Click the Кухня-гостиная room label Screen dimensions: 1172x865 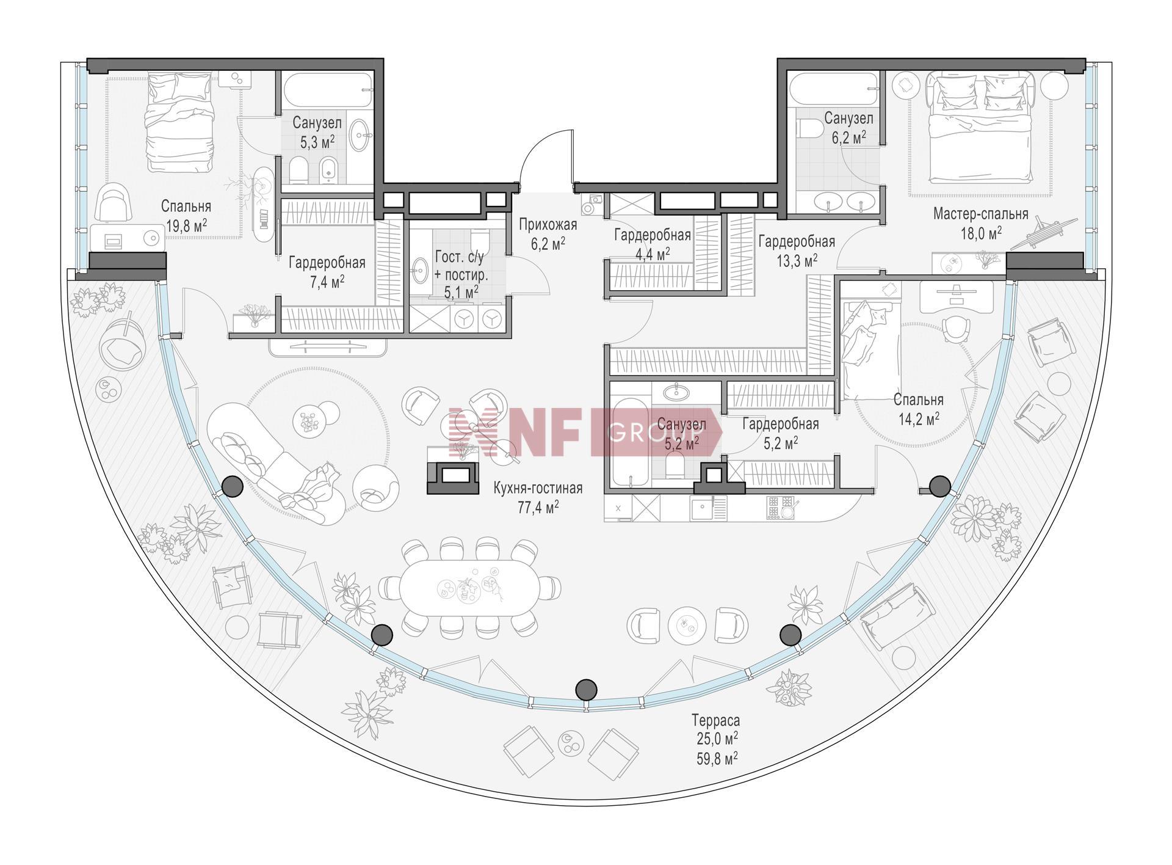(x=538, y=488)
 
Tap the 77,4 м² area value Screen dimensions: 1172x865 (x=538, y=508)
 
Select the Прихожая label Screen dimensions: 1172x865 (x=548, y=225)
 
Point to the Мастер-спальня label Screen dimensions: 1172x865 (x=980, y=214)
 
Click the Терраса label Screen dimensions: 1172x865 (x=715, y=720)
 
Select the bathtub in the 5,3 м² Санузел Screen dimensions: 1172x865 (x=328, y=90)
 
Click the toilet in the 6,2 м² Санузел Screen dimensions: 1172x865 (x=809, y=129)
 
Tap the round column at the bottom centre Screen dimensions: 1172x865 (x=586, y=690)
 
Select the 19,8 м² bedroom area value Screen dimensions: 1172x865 (x=186, y=226)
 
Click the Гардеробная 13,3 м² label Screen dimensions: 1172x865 (x=797, y=250)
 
